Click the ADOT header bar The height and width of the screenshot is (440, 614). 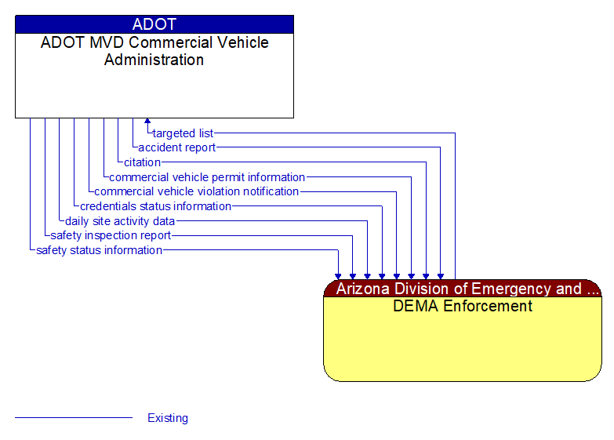pos(154,24)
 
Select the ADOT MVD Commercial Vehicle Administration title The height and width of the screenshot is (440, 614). pos(154,51)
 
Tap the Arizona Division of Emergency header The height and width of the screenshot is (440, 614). pos(463,289)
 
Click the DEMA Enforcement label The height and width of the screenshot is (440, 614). pos(463,306)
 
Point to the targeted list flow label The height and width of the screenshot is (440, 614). pos(183,133)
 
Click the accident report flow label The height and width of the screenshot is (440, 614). pos(176,147)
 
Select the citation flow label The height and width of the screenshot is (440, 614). pos(142,162)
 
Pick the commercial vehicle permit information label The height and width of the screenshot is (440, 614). pos(207,177)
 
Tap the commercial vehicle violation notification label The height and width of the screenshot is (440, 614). pos(196,191)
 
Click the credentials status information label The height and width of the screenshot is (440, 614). pos(155,206)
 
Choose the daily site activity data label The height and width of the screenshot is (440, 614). pos(120,221)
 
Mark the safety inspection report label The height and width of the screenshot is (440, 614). pos(111,235)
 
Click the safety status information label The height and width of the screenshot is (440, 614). pos(99,250)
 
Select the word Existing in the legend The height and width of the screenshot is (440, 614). pos(168,418)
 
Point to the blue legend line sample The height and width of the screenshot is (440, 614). pos(74,418)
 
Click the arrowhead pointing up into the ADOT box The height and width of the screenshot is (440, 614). pos(147,122)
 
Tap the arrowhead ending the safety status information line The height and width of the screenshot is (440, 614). pos(338,276)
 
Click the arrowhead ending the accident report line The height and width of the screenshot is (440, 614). pos(441,276)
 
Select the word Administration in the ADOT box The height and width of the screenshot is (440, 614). pos(154,60)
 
